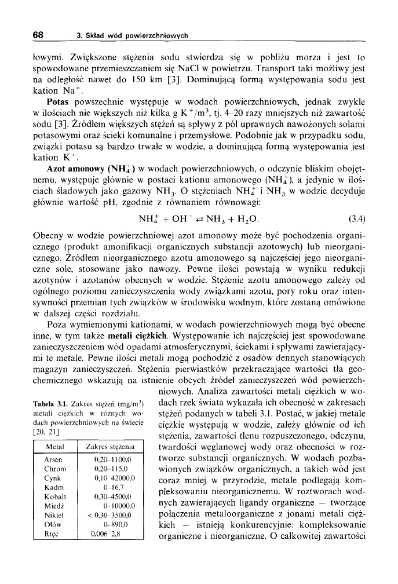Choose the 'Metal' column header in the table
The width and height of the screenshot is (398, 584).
[x=54, y=447]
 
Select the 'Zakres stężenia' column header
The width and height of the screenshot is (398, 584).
[x=110, y=447]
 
